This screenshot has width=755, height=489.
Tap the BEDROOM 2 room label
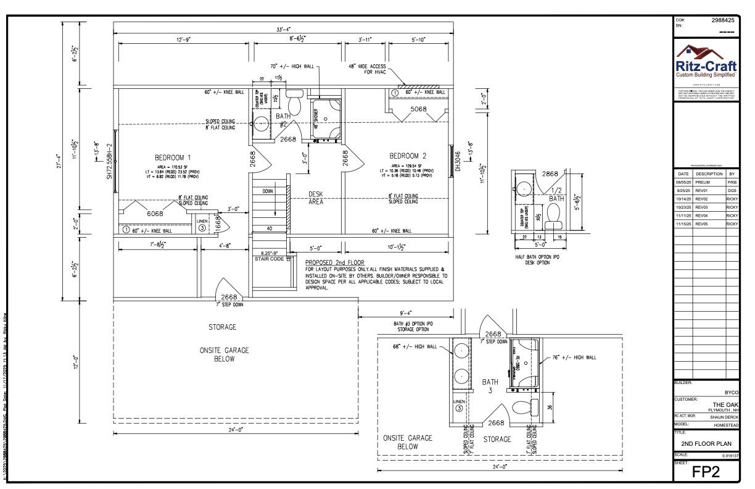pyautogui.click(x=409, y=155)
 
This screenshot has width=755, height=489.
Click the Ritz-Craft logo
pyautogui.click(x=707, y=63)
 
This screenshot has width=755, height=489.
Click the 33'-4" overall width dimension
pyautogui.click(x=284, y=29)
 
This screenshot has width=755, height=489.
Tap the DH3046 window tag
pyautogui.click(x=458, y=159)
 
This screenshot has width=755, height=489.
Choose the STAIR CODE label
pyautogui.click(x=269, y=259)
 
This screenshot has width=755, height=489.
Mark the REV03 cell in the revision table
pyautogui.click(x=703, y=207)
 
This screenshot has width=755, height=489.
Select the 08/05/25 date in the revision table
pyautogui.click(x=683, y=183)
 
